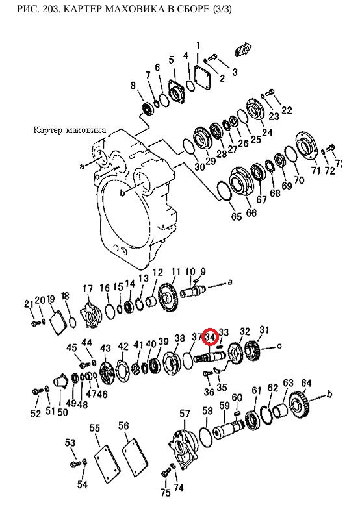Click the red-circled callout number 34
pyautogui.click(x=210, y=337)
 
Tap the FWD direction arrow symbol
pyautogui.click(x=243, y=50)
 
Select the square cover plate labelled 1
pyautogui.click(x=203, y=77)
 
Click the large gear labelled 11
pyautogui.click(x=169, y=297)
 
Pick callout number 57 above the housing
pyautogui.click(x=185, y=414)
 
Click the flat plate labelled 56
pyautogui.click(x=135, y=455)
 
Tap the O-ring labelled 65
pyautogui.click(x=224, y=192)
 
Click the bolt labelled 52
pyautogui.click(x=36, y=391)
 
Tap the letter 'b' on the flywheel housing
pyautogui.click(x=123, y=192)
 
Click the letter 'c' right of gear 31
pyautogui.click(x=279, y=346)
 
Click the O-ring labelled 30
pyautogui.click(x=189, y=147)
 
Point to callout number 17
pyautogui.click(x=88, y=289)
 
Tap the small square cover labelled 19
pyautogui.click(x=58, y=322)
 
